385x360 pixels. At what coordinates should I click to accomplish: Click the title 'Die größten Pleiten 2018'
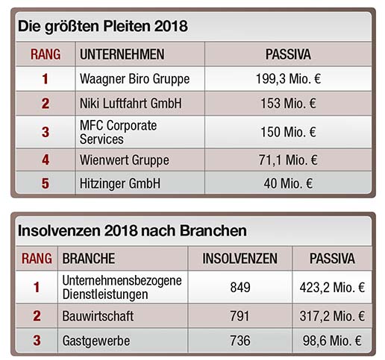point(103,27)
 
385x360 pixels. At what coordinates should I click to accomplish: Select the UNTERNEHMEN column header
point(122,54)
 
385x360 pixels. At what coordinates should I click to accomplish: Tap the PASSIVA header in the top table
point(288,54)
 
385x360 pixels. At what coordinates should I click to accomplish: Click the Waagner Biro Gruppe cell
point(134,79)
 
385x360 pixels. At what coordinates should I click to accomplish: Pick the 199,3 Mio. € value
point(288,79)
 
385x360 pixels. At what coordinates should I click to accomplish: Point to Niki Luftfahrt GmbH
point(131,104)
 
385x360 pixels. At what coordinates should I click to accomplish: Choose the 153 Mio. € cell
point(288,104)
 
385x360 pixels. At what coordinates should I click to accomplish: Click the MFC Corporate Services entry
point(118,132)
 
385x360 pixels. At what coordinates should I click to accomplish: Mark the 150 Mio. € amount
point(288,132)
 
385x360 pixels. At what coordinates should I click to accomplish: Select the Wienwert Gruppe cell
point(125,160)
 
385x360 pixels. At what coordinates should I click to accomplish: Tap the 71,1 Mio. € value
point(288,160)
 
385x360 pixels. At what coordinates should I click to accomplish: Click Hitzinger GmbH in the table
point(120,183)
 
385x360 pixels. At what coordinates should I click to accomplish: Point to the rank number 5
point(46,183)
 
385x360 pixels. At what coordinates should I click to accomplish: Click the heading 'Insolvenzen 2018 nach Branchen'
point(132,231)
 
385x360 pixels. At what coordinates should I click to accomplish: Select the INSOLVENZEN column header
point(240,259)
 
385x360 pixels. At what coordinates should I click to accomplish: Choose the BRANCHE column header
point(89,259)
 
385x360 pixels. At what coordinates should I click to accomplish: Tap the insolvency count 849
point(240,288)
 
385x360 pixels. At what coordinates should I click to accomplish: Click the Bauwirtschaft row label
point(98,316)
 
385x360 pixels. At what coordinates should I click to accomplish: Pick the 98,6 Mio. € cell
point(332,341)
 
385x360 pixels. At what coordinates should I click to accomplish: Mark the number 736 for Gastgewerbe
point(240,341)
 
